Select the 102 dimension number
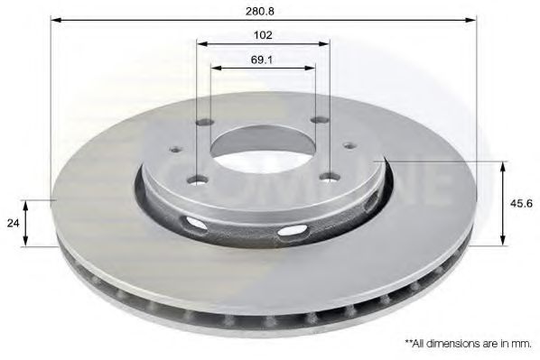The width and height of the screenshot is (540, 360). (264, 35)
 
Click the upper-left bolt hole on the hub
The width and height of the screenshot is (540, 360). (205, 123)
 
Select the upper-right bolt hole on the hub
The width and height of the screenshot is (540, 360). (319, 120)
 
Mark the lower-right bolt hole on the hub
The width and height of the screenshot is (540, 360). (329, 177)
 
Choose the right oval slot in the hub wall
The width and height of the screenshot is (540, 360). (292, 231)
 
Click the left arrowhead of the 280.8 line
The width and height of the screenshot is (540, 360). (55, 18)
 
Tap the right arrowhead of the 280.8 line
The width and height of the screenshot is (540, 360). (472, 18)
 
